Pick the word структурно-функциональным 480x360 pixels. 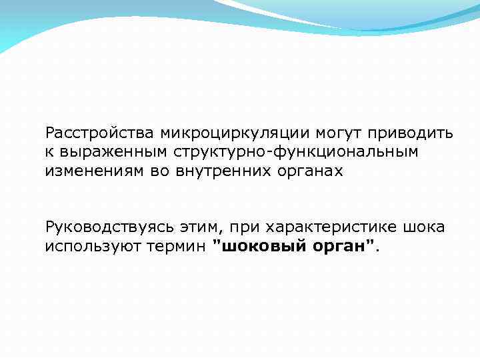pyautogui.click(x=296, y=152)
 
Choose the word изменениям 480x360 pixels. pyautogui.click(x=91, y=171)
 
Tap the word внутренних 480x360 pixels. pyautogui.click(x=215, y=171)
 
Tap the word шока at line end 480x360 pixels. pyautogui.click(x=424, y=227)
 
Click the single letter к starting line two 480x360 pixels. pyautogui.click(x=49, y=152)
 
